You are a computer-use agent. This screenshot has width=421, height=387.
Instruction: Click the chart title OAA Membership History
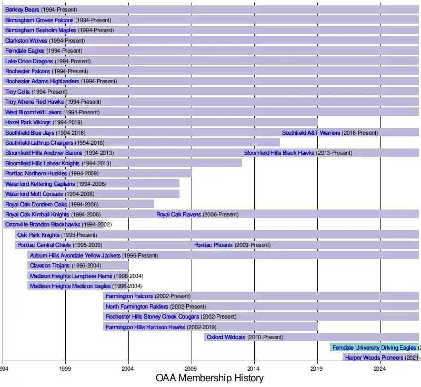coord(209,378)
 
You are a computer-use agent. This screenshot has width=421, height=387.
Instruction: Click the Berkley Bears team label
coord(22,9)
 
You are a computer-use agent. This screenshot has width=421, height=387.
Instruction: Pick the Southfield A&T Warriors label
coord(311,133)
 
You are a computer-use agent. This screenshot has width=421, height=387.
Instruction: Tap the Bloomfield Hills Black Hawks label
coord(279,153)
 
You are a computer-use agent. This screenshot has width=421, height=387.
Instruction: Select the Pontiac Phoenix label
coord(213,245)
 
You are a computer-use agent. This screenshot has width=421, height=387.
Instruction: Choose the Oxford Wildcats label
coord(226,338)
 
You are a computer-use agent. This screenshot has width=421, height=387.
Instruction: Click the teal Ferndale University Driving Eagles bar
coord(374,348)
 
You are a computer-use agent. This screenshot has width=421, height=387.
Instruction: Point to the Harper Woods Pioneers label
coord(374,358)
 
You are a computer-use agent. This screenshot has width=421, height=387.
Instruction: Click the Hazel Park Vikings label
coord(28,122)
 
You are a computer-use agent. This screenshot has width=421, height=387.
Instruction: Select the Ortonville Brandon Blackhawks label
coord(43,225)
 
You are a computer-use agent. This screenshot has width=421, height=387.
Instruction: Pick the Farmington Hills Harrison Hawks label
coord(145,327)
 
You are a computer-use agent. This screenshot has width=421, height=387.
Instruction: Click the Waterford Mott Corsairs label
coord(34,194)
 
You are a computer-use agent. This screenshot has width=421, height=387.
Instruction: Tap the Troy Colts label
coord(17,92)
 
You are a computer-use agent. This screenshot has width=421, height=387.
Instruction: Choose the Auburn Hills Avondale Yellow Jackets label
coord(75,255)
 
